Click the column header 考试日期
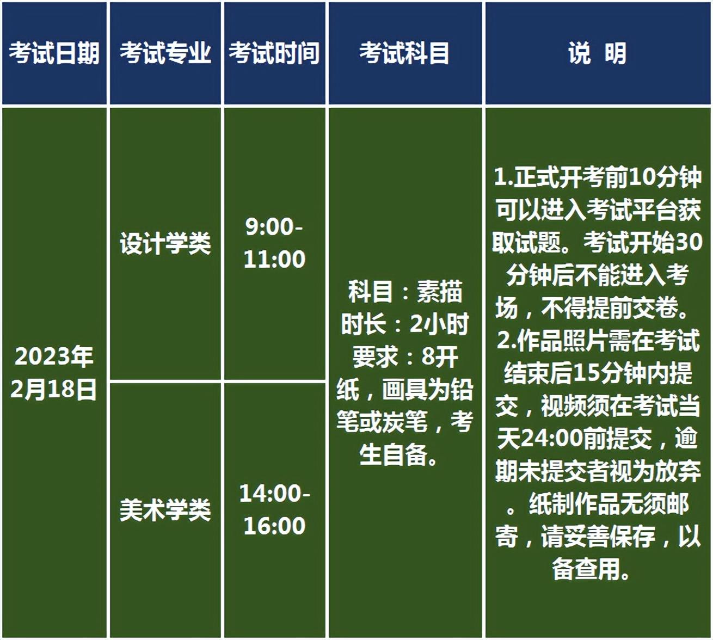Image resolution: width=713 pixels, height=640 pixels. tap(54, 53)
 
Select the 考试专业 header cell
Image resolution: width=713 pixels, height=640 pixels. tap(165, 53)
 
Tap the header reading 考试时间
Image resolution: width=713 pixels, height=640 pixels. tap(274, 53)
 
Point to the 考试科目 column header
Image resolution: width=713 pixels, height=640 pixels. tap(405, 53)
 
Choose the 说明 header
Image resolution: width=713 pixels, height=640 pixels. tap(598, 53)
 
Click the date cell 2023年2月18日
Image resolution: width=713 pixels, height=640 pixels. tap(54, 373)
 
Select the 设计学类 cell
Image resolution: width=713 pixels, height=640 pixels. tap(165, 243)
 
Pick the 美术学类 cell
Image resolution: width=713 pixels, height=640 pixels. tap(165, 510)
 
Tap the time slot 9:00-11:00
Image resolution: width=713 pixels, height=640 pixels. tap(274, 243)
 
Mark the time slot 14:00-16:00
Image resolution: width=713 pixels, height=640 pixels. tap(274, 510)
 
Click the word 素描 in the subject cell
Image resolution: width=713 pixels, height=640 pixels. tap(439, 292)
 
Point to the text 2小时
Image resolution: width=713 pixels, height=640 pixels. tap(439, 324)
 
